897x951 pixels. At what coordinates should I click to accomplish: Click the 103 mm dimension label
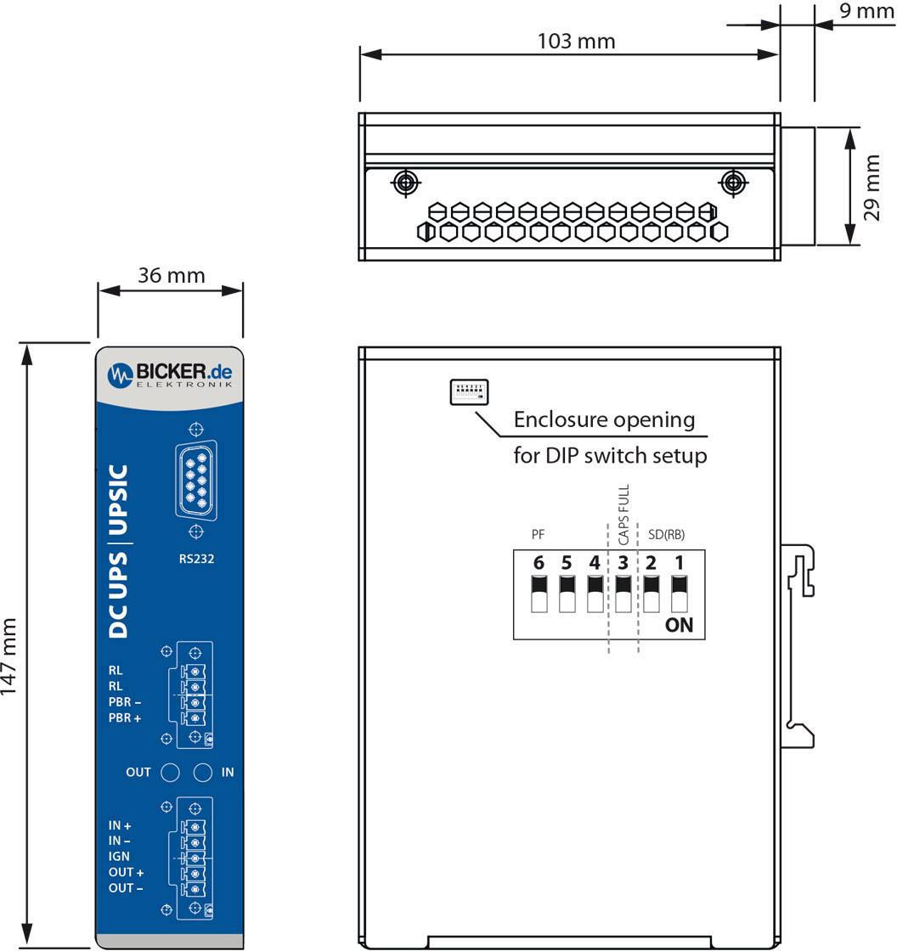coord(576,41)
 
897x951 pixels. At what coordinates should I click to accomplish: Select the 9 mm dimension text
coord(866,11)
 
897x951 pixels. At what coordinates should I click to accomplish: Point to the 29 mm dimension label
coord(872,187)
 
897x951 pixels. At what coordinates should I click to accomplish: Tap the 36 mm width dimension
coord(171,275)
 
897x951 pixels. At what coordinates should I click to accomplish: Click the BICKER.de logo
coord(170,374)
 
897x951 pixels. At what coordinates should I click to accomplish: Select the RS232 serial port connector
coord(196,481)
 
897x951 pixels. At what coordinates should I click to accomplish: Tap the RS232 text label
coord(196,559)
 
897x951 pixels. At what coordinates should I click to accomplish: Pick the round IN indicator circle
coord(202,772)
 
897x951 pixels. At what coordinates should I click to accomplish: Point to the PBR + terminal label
coord(125,717)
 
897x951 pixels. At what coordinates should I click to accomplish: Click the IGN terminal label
coord(119,856)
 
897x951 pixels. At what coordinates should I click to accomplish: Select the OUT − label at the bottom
coord(126,888)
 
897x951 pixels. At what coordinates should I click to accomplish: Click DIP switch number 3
coord(623,593)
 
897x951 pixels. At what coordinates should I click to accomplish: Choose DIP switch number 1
coord(679,593)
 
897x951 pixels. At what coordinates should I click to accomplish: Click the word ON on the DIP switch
coord(680,626)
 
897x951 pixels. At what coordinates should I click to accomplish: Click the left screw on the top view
coord(405,182)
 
